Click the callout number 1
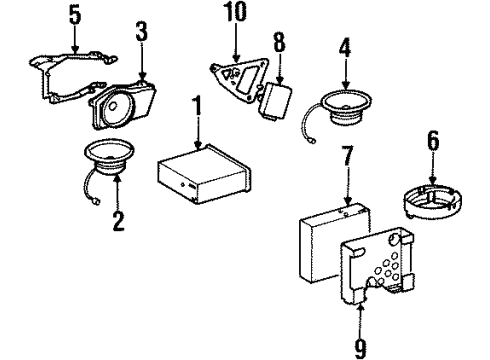[x=198, y=108]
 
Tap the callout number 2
[x=118, y=220]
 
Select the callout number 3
[x=142, y=32]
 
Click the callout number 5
[x=75, y=14]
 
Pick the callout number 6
[x=433, y=140]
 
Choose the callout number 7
[x=347, y=155]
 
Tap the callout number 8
[x=279, y=41]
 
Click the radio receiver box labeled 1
[x=204, y=174]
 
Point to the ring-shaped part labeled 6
[x=433, y=201]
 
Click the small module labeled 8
[x=276, y=100]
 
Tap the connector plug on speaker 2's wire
[x=96, y=201]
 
